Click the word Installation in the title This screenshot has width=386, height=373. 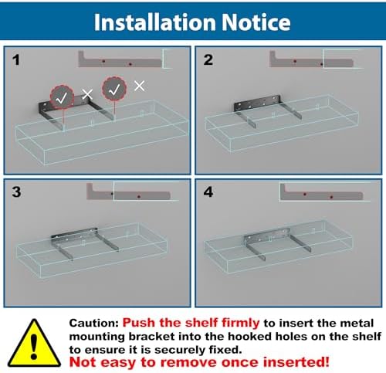click(x=155, y=22)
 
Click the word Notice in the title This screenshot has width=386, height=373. click(x=256, y=22)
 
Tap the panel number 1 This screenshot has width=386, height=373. click(x=16, y=60)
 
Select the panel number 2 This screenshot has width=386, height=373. click(x=208, y=59)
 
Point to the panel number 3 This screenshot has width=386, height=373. click(x=17, y=192)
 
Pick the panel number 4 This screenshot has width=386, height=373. click(x=208, y=192)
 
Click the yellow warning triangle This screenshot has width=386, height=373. click(x=34, y=343)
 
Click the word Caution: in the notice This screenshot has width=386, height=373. click(x=93, y=323)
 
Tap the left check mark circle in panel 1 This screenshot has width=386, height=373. click(x=62, y=97)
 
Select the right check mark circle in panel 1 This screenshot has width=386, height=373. click(x=114, y=89)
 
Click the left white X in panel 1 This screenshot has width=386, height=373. click(x=87, y=94)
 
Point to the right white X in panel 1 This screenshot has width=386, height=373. click(x=140, y=86)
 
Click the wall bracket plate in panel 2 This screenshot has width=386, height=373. click(x=257, y=103)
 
